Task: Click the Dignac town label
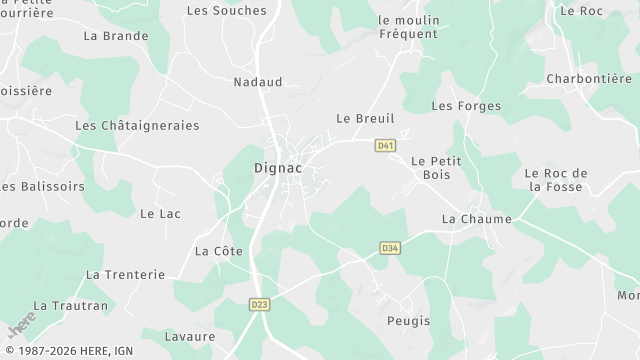(x=272, y=169)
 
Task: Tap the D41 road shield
(x=385, y=146)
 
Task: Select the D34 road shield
(x=390, y=248)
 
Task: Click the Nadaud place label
(x=258, y=82)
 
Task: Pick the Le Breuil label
(x=365, y=118)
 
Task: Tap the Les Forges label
(x=465, y=106)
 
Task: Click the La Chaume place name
(x=477, y=219)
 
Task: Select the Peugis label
(x=408, y=321)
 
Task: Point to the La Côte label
(x=218, y=251)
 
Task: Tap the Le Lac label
(x=160, y=213)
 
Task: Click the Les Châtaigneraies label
(x=137, y=126)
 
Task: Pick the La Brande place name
(x=116, y=36)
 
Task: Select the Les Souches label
(x=227, y=11)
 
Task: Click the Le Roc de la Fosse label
(x=556, y=179)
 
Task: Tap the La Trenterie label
(x=124, y=274)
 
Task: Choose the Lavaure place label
(x=189, y=337)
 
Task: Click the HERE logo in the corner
(x=21, y=325)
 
